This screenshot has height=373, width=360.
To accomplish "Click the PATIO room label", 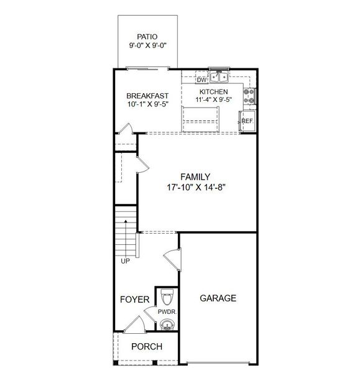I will point(148,36).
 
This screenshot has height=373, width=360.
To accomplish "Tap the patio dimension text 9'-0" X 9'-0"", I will point(148,45).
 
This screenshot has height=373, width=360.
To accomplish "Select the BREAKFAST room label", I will point(147,96).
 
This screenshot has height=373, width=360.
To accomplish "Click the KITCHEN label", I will point(213,92).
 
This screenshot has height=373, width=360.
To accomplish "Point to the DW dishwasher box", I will point(201,80).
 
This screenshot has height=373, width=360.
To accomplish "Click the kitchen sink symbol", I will point(219,77).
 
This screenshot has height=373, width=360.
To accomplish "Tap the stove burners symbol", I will point(249,95).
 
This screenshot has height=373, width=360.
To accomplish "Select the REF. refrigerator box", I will point(247,121).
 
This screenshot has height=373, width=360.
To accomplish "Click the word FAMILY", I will point(195,176).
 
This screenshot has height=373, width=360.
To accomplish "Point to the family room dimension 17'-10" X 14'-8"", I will point(195,186).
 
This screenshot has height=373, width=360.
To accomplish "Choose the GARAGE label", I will point(218,298).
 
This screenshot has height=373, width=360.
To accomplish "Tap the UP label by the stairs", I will point(125,261).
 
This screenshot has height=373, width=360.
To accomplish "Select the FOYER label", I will point(134,300).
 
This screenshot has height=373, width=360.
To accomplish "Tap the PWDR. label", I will point(167,312).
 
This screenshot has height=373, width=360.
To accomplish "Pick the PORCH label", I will point(147,347).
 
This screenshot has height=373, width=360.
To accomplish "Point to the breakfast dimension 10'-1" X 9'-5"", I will point(147,104).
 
